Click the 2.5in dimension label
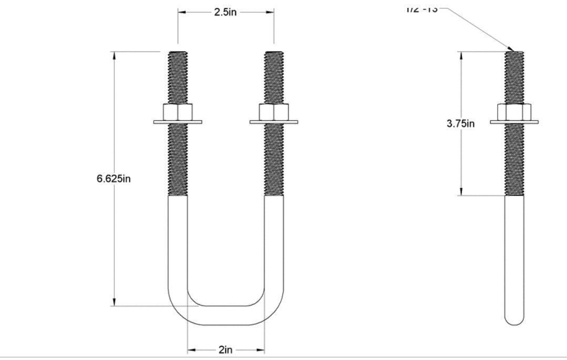(225, 12)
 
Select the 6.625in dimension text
(114, 179)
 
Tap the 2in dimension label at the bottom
(226, 350)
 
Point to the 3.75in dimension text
(461, 124)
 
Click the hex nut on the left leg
(178, 112)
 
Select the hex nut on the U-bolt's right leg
(274, 112)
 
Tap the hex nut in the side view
(514, 112)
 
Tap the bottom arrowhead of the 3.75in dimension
(461, 192)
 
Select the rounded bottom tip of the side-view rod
(514, 320)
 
